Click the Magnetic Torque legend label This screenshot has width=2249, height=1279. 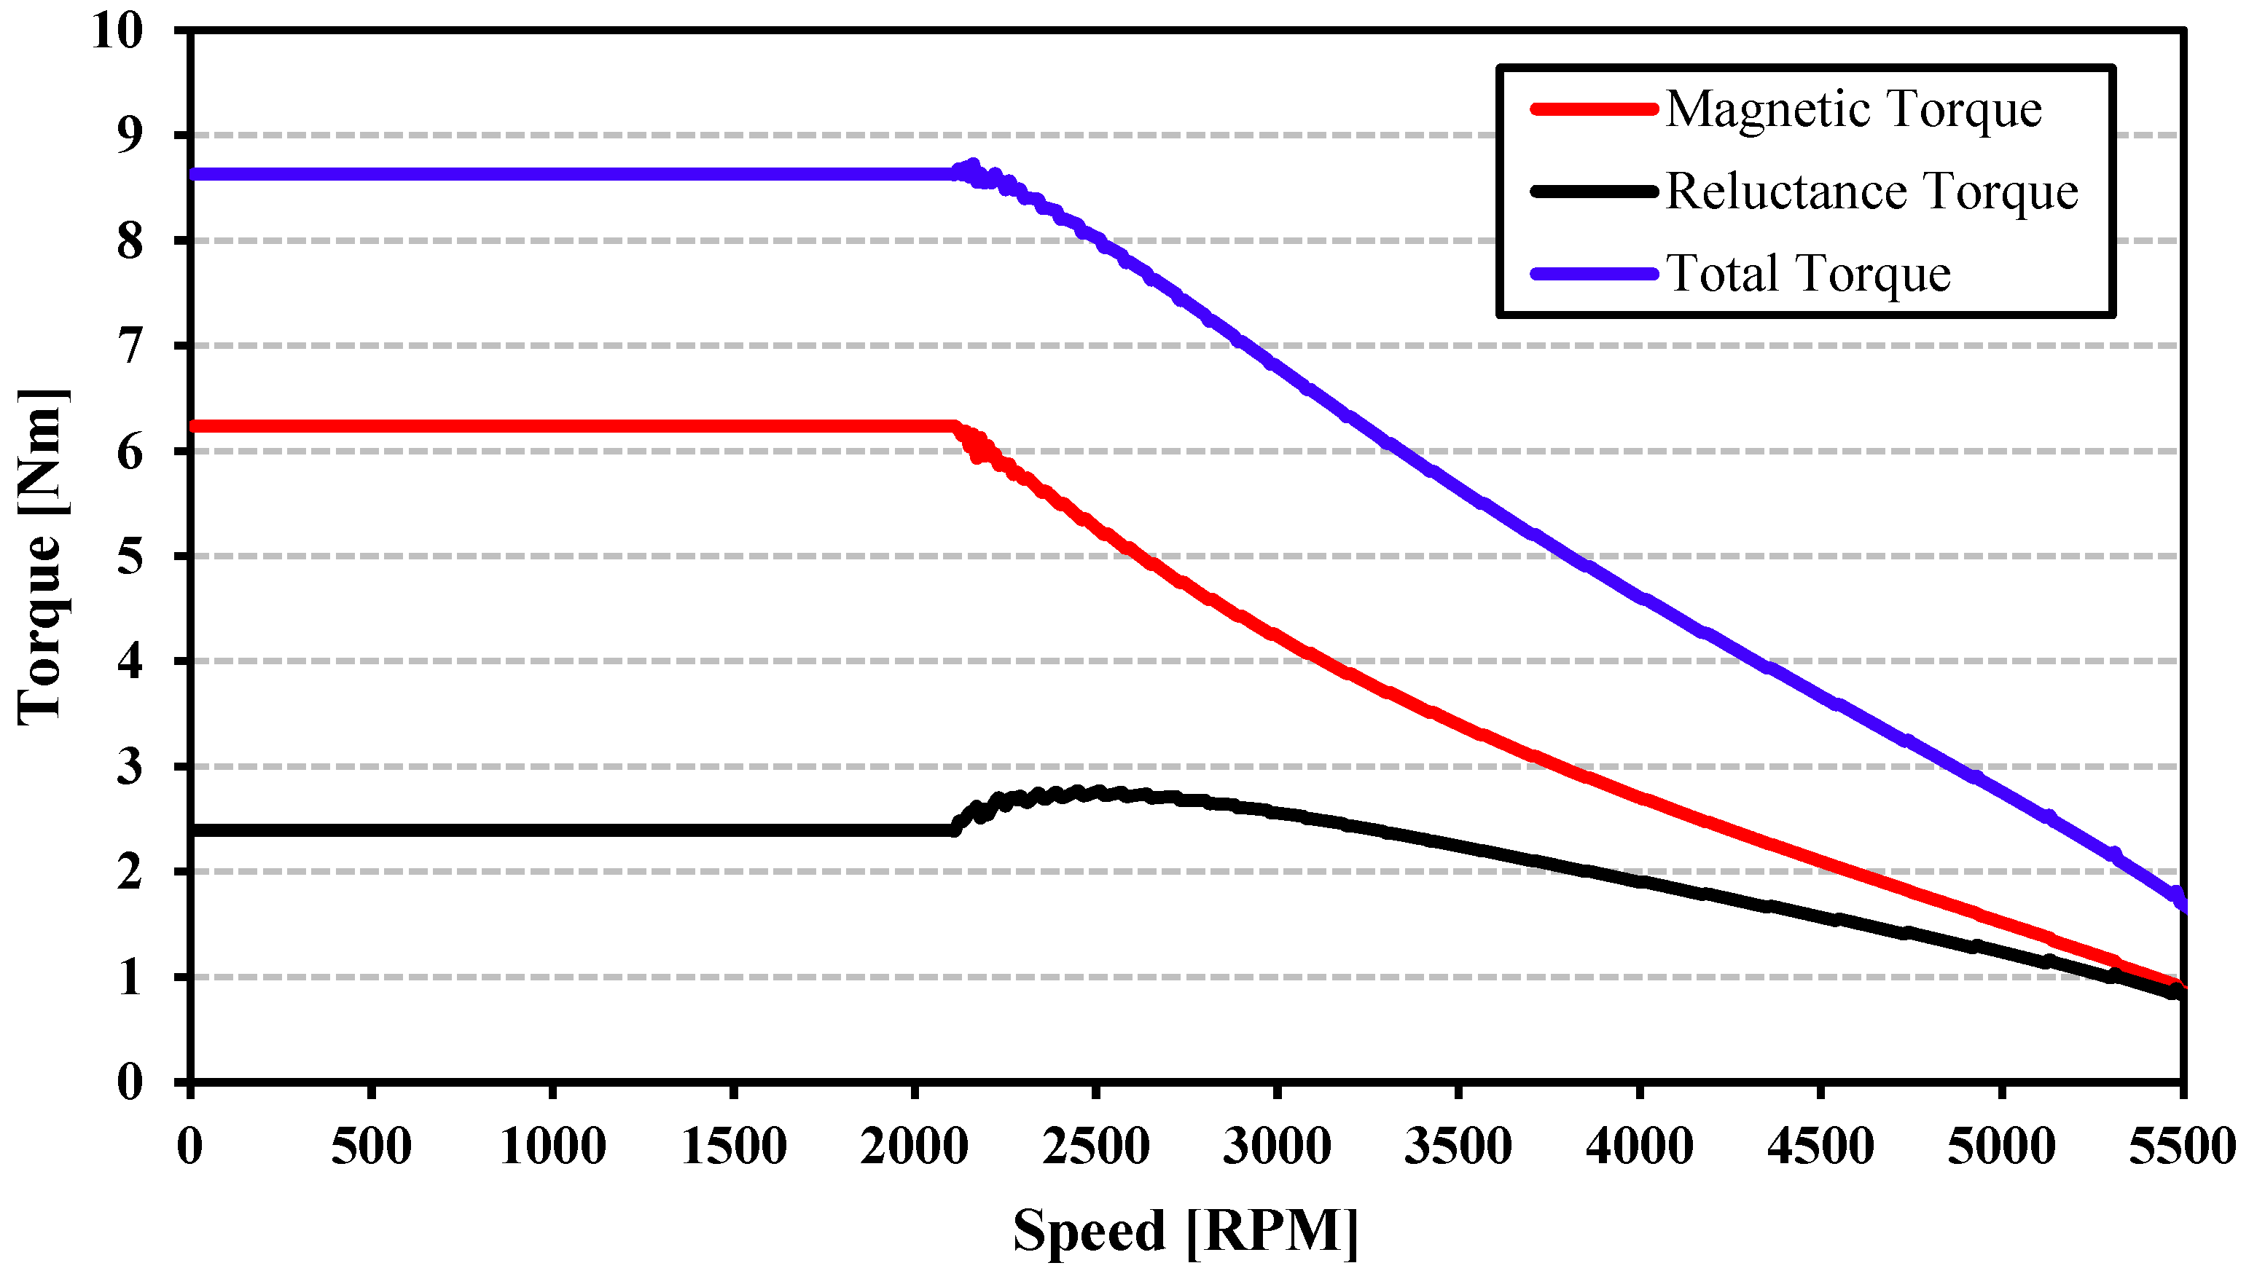click(1853, 110)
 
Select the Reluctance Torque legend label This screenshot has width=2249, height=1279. click(1871, 192)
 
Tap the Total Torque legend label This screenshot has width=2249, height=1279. click(1808, 273)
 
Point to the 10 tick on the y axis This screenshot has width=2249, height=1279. click(116, 31)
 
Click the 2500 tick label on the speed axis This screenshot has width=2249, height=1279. click(1095, 1147)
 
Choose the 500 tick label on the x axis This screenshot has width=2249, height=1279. click(371, 1147)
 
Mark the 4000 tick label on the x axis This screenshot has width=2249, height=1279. click(1639, 1147)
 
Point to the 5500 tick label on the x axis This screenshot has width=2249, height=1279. click(2181, 1147)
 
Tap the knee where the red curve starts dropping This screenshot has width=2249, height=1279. click(955, 427)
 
